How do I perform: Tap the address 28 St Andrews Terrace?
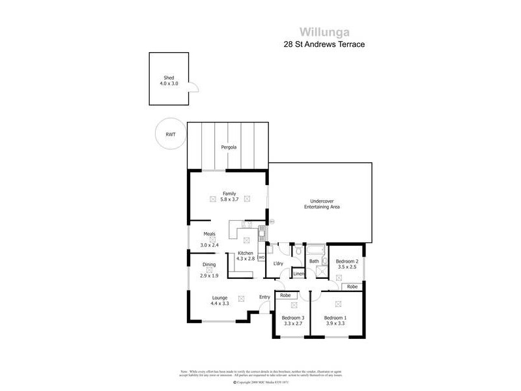323,44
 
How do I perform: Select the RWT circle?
171,135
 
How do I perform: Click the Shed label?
169,78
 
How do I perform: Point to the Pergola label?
228,147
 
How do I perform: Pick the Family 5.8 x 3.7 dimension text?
229,199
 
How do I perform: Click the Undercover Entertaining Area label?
322,203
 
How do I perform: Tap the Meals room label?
209,233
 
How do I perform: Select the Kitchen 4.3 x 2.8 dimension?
246,259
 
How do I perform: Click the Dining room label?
209,264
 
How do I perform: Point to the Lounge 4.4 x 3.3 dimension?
219,304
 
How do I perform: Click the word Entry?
264,298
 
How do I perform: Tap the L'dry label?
278,263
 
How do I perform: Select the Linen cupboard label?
298,274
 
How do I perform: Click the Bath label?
314,261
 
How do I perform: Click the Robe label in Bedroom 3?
285,295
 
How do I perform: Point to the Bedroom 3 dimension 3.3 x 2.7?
295,323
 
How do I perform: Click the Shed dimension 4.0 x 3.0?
169,83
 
